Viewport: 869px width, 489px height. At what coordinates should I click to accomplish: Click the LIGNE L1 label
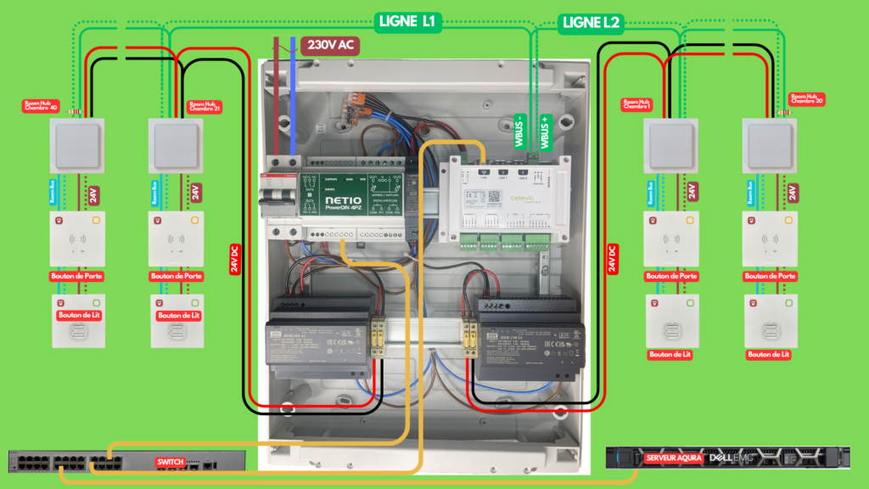pyautogui.click(x=406, y=22)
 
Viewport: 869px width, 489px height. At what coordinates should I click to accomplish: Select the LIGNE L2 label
pyautogui.click(x=591, y=23)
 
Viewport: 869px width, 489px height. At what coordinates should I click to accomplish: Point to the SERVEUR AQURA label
pyautogui.click(x=673, y=458)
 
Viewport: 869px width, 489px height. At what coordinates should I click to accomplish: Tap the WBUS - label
pyautogui.click(x=519, y=132)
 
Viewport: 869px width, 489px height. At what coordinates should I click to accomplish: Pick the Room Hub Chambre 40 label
pyautogui.click(x=42, y=107)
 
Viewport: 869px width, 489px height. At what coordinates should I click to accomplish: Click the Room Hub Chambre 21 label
pyautogui.click(x=204, y=107)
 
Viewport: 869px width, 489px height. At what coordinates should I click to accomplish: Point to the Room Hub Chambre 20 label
pyautogui.click(x=807, y=100)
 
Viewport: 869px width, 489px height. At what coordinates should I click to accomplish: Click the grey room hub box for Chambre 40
pyautogui.click(x=76, y=143)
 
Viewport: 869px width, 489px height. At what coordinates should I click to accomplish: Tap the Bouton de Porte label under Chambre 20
pyautogui.click(x=770, y=276)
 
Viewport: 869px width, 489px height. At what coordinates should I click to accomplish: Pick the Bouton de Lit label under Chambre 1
pyautogui.click(x=671, y=354)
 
